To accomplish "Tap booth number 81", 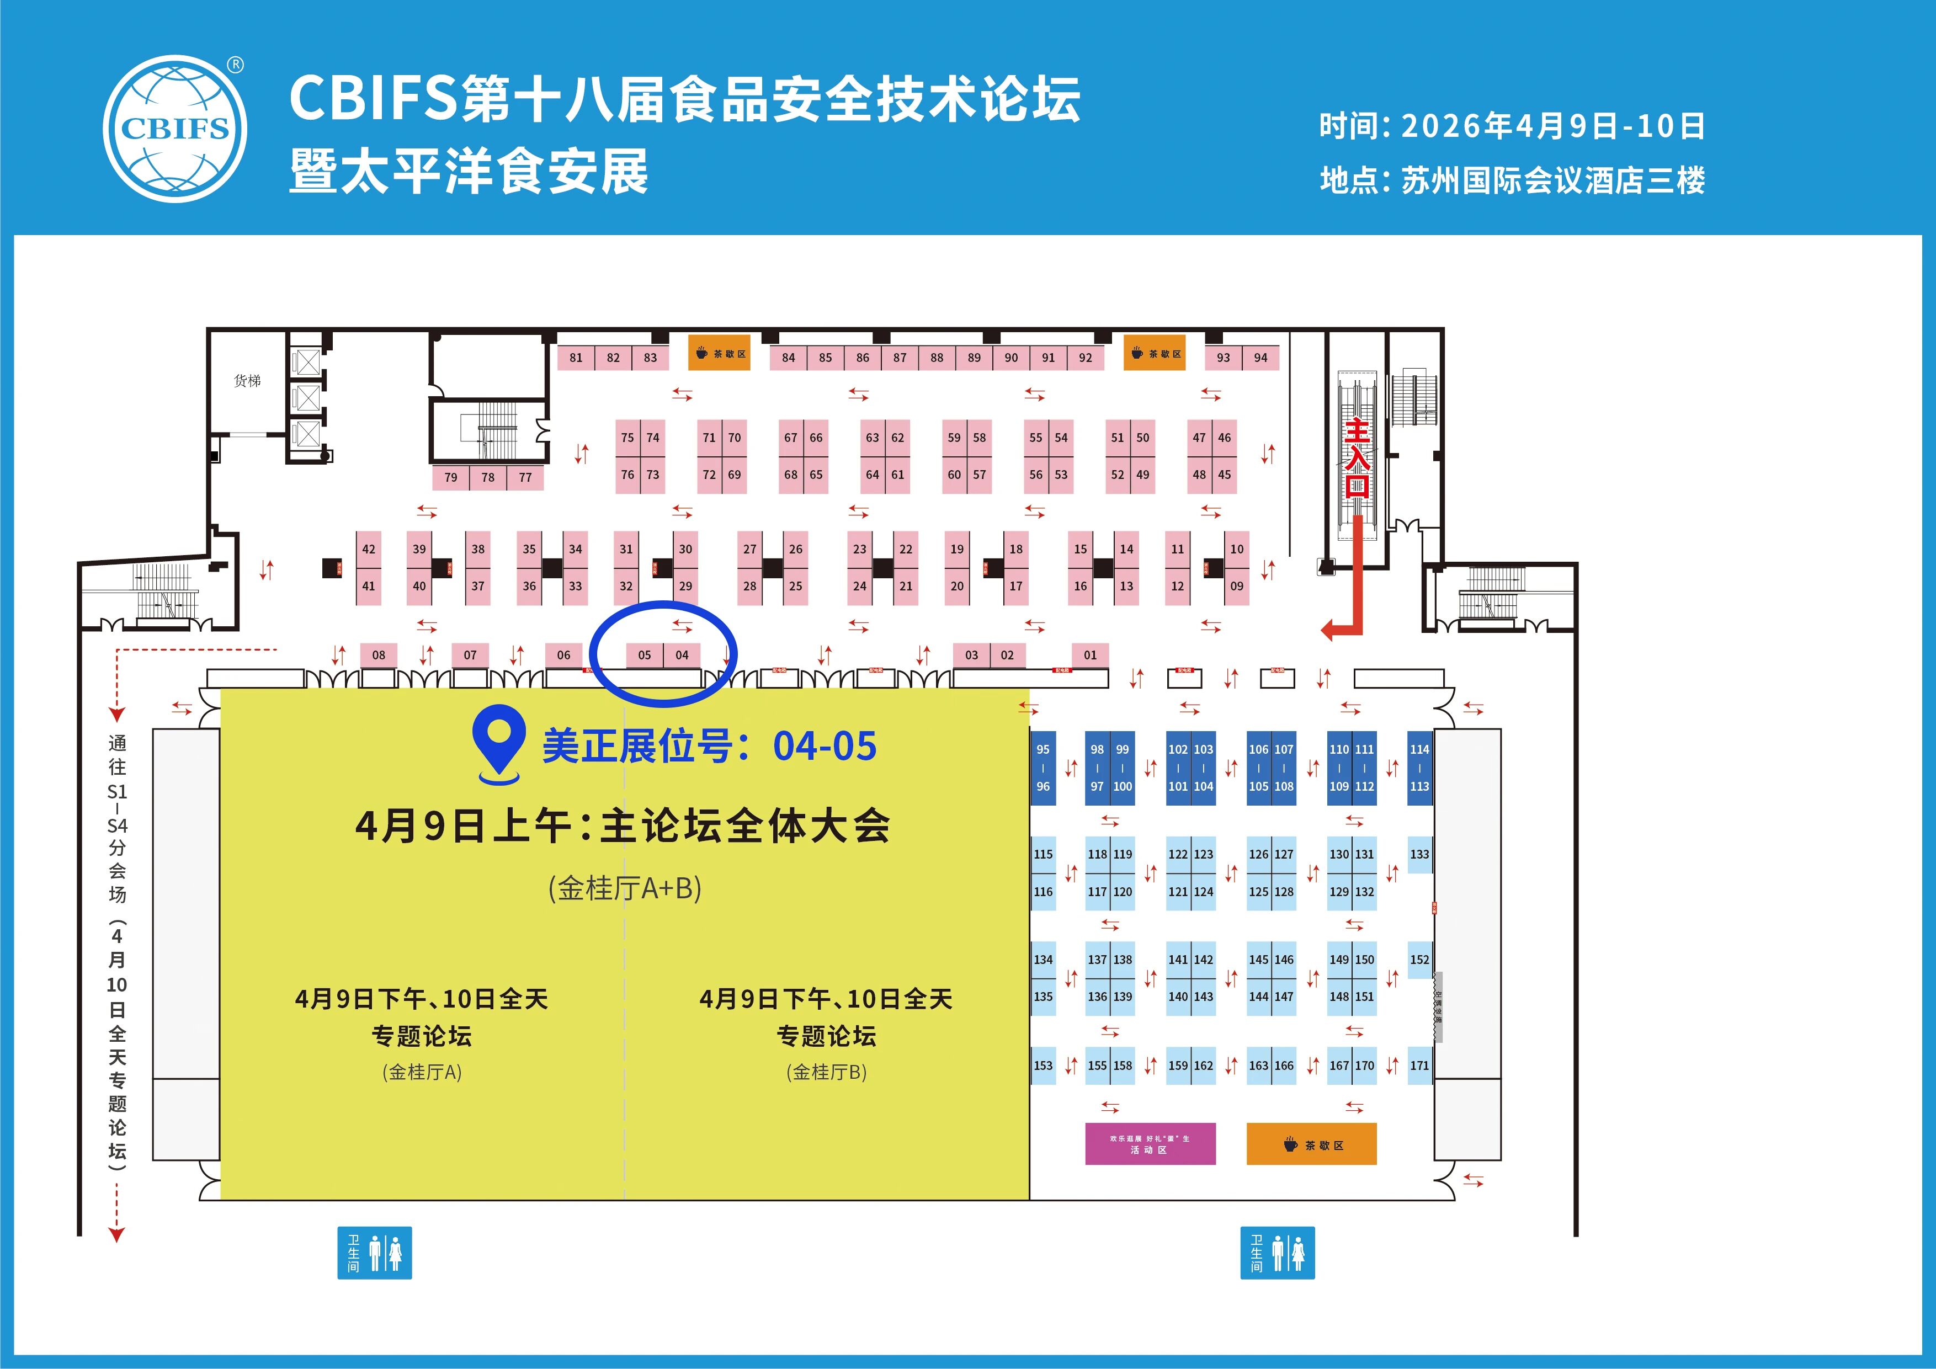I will pyautogui.click(x=576, y=358).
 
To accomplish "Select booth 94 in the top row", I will pyautogui.click(x=1260, y=358).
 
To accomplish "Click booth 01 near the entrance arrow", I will pyautogui.click(x=1091, y=655).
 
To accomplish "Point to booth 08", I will pyautogui.click(x=379, y=655).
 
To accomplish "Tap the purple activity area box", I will pyautogui.click(x=1150, y=1144).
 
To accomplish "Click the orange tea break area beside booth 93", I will pyautogui.click(x=1157, y=354).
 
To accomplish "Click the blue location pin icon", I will pyautogui.click(x=499, y=742).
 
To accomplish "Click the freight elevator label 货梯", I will pyautogui.click(x=247, y=381).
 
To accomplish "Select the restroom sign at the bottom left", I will pyautogui.click(x=374, y=1253).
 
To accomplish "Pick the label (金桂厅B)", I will pyautogui.click(x=826, y=1072).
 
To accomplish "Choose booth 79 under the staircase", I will pyautogui.click(x=451, y=477).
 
